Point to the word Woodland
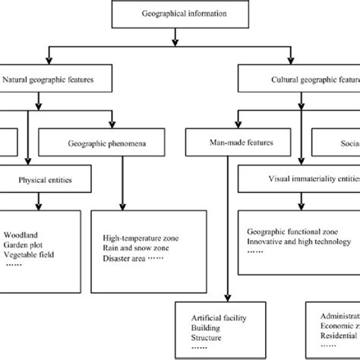21,234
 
